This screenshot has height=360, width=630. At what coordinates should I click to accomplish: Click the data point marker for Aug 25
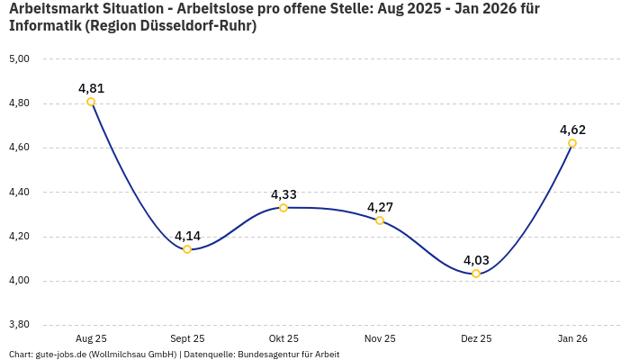pos(91,102)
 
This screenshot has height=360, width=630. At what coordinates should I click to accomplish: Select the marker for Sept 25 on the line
pos(187,249)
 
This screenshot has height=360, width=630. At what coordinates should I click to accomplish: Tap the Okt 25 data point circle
pos(283,208)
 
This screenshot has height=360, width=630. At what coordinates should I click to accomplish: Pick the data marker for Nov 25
pos(380,220)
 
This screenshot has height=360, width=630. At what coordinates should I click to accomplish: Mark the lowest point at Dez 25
pos(476,274)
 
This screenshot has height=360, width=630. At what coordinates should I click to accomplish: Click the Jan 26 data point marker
pos(572,143)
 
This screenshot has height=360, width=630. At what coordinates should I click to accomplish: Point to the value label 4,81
pos(91,88)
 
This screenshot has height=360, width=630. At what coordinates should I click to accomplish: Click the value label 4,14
pos(187,236)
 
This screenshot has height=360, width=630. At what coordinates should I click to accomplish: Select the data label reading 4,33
pos(283,194)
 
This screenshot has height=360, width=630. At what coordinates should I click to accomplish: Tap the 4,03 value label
pos(476,260)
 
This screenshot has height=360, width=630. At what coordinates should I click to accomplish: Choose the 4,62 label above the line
pos(572,130)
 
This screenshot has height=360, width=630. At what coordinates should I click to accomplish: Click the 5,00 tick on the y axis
pos(19,59)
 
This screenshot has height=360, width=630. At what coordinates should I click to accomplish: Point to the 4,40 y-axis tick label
pos(19,193)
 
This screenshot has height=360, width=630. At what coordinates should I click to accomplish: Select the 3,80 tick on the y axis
pos(19,325)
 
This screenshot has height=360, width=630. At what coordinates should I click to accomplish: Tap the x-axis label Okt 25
pos(283,338)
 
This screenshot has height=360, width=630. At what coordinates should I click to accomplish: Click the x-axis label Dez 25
pos(476,338)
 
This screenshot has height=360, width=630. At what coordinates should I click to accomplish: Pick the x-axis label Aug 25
pos(91,338)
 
